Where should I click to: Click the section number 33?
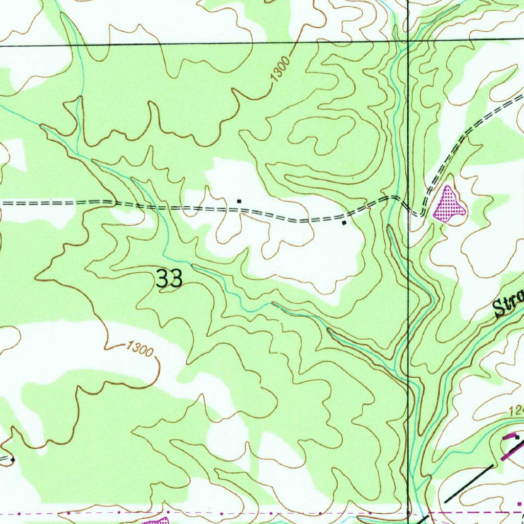pos(169,279)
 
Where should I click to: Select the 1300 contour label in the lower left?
pos(140,351)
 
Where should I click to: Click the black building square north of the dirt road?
pos(239,201)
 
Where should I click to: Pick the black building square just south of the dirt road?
pos(344,223)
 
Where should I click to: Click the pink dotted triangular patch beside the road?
pos(449,205)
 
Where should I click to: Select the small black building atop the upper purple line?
pos(517,438)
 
